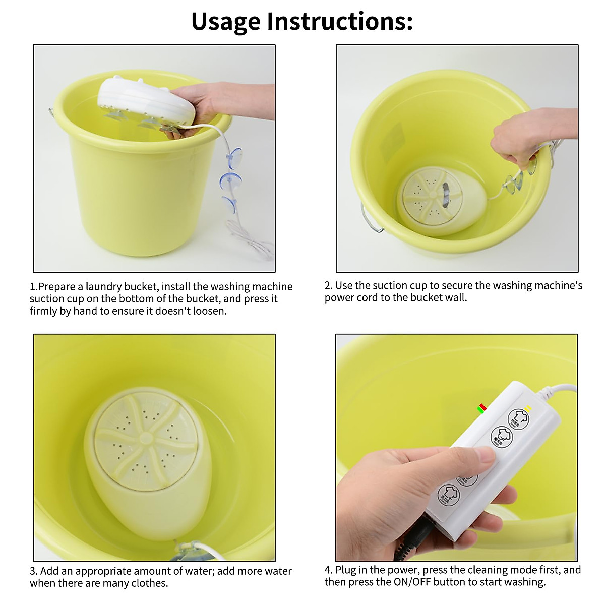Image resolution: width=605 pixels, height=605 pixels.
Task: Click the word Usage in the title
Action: [x=225, y=21]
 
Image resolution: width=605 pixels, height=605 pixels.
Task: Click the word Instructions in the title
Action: [x=339, y=21]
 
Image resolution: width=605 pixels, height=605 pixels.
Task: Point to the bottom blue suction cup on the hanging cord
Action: [x=230, y=204]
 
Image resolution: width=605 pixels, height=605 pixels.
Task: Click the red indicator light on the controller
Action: [x=482, y=406]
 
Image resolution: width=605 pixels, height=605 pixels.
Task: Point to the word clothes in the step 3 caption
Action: [x=148, y=583]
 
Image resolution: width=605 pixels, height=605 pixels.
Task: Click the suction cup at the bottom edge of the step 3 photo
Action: [x=187, y=553]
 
